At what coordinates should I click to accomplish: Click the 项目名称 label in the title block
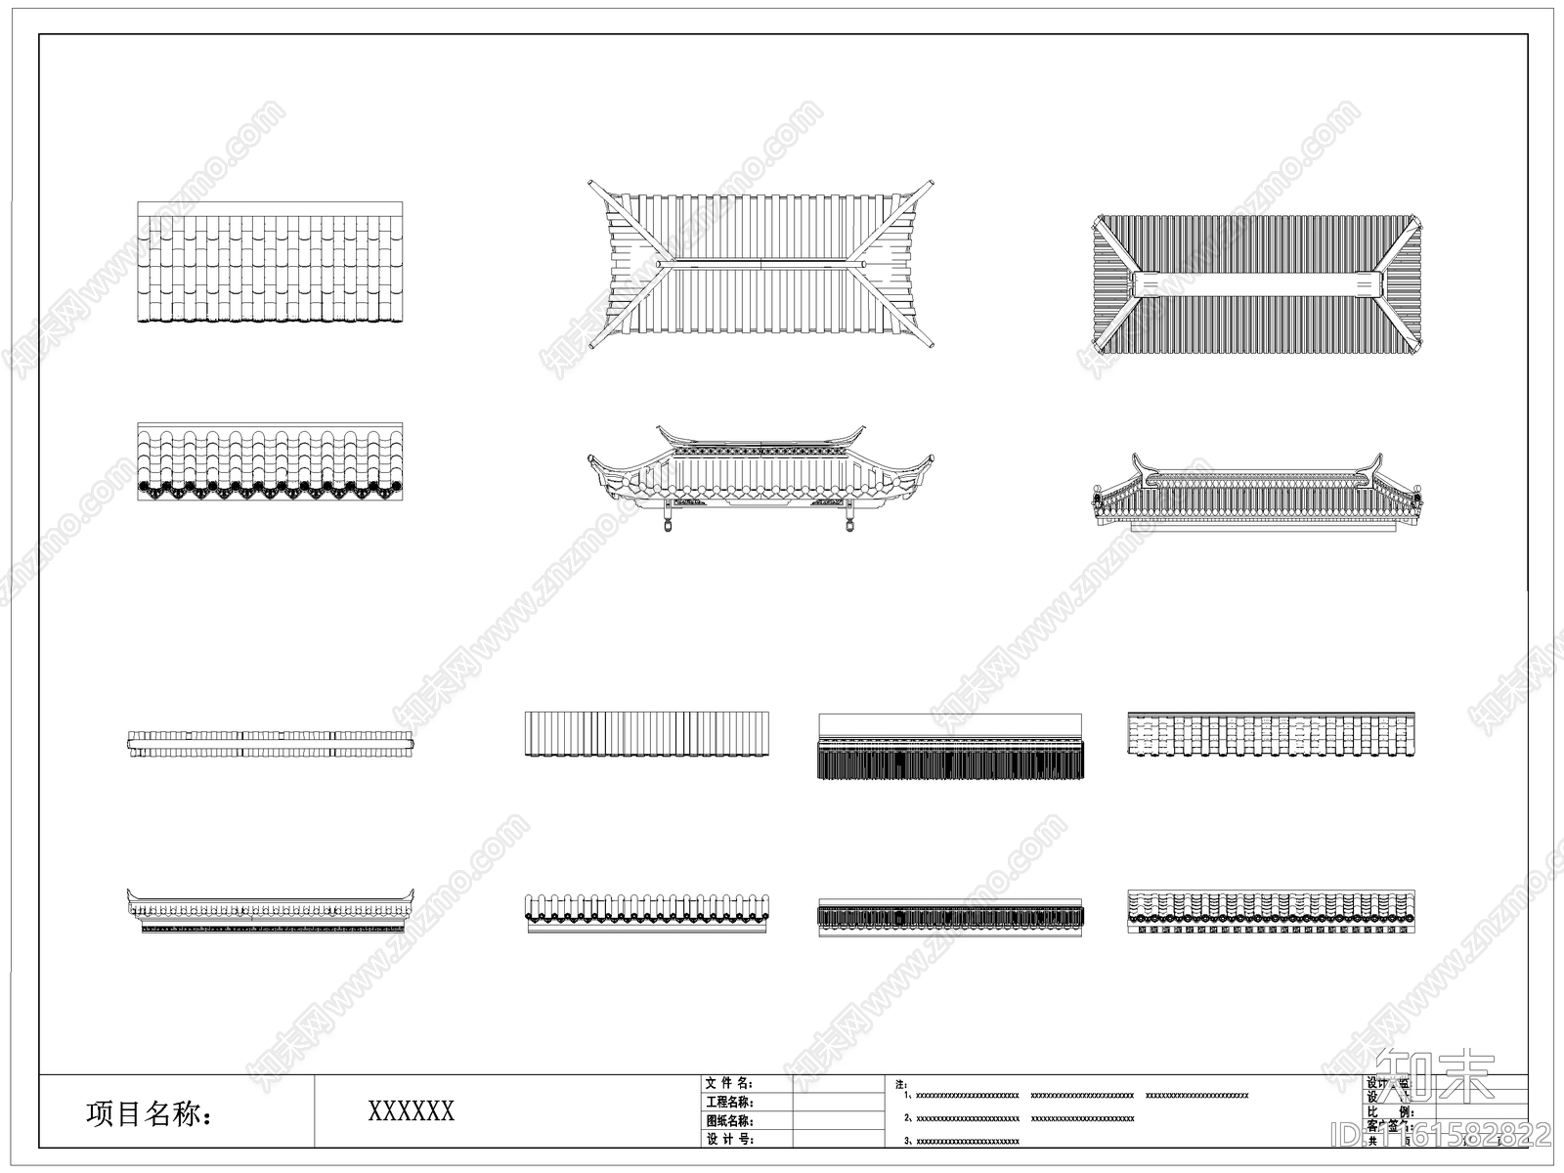pyautogui.click(x=149, y=1113)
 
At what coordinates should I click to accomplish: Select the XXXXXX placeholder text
pyautogui.click(x=411, y=1111)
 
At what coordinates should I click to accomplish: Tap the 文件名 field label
pyautogui.click(x=729, y=1083)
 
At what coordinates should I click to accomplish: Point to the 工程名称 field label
pyautogui.click(x=729, y=1102)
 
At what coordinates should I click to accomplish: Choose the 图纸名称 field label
pyautogui.click(x=729, y=1120)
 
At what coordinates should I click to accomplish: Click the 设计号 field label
pyautogui.click(x=729, y=1139)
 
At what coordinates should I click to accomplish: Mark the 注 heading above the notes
pyautogui.click(x=900, y=1084)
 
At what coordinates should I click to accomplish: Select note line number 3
pyautogui.click(x=963, y=1140)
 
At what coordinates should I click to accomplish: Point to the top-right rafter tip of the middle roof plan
pyautogui.click(x=930, y=183)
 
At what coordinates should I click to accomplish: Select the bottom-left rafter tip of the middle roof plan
pyautogui.click(x=591, y=346)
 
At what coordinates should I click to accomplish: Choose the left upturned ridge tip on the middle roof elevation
pyautogui.click(x=662, y=430)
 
